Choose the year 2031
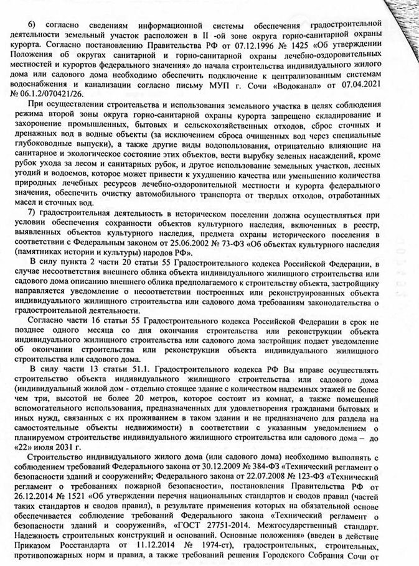[x=78, y=448]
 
